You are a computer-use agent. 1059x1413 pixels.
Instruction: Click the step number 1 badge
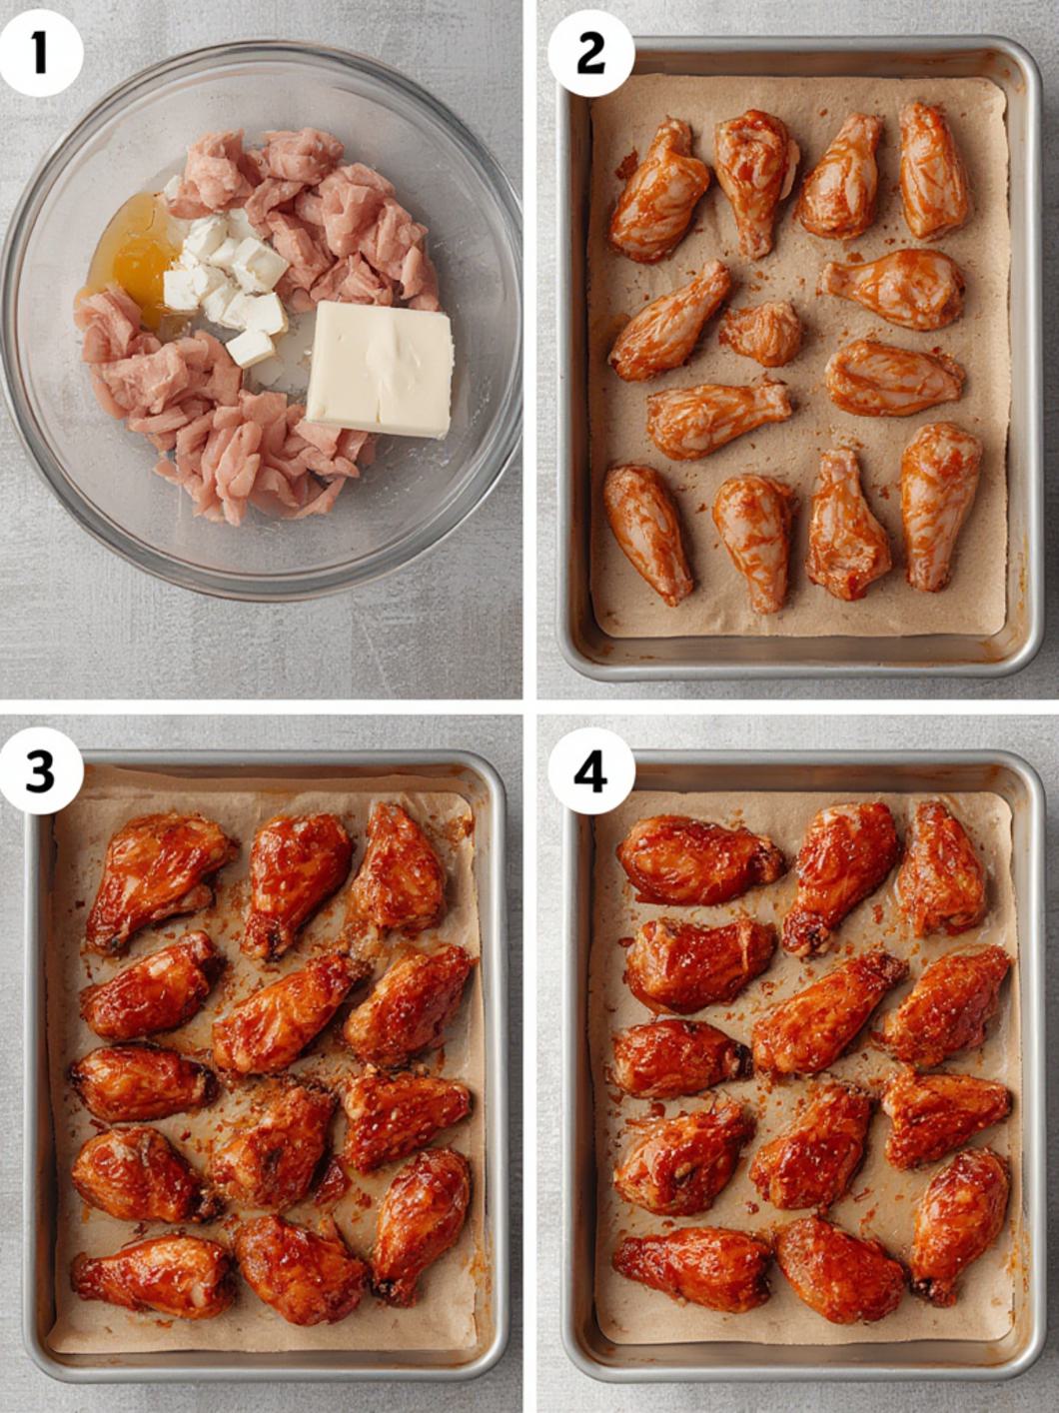(x=39, y=52)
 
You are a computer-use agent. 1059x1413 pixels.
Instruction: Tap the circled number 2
(x=590, y=52)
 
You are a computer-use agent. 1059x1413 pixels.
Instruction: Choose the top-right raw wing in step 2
(x=932, y=170)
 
